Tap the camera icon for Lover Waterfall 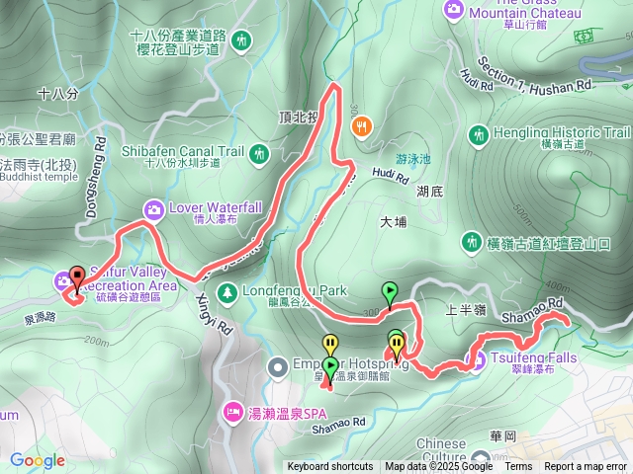click(154, 208)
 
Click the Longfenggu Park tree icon click(227, 292)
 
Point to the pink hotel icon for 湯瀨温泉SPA click(233, 409)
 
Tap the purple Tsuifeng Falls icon click(477, 359)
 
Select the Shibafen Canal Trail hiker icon click(259, 152)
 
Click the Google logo click(37, 459)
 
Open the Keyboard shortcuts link click(330, 467)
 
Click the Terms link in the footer click(517, 467)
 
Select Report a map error click(586, 467)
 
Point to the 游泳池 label click(413, 158)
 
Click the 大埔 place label click(393, 222)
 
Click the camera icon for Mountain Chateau click(454, 9)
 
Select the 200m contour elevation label click(96, 342)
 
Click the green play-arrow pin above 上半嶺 click(391, 292)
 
